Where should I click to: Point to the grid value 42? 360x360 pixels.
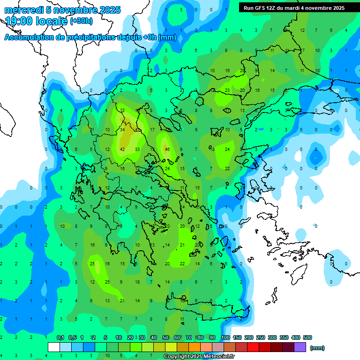pyautogui.click(x=122, y=149)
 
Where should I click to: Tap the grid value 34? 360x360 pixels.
pyautogui.click(x=122, y=129)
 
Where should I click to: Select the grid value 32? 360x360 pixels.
pyautogui.click(x=122, y=110)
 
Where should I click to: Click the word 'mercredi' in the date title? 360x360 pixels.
pyautogui.click(x=22, y=10)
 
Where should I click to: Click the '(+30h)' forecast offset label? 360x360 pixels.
pyautogui.click(x=81, y=21)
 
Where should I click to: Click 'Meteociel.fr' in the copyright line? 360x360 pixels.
pyautogui.click(x=220, y=357)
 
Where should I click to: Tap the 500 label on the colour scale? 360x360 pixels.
pyautogui.click(x=307, y=337)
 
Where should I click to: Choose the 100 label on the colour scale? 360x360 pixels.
pyautogui.click(x=225, y=337)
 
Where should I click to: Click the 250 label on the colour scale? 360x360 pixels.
pyautogui.click(x=261, y=337)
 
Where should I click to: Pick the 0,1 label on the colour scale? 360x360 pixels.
pyautogui.click(x=60, y=337)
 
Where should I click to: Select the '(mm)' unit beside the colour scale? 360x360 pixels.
pyautogui.click(x=317, y=348)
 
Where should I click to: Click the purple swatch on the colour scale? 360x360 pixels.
pyautogui.click(x=300, y=347)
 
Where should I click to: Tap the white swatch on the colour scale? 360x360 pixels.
pyautogui.click(x=54, y=347)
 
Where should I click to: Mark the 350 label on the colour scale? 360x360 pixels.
pyautogui.click(x=284, y=337)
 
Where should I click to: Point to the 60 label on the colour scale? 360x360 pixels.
pyautogui.click(x=177, y=337)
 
